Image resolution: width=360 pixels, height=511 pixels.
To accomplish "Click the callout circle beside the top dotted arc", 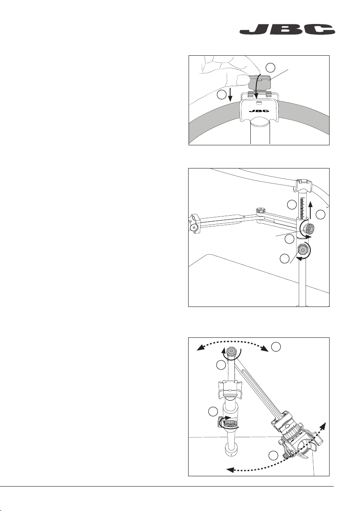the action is pyautogui.click(x=277, y=345).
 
